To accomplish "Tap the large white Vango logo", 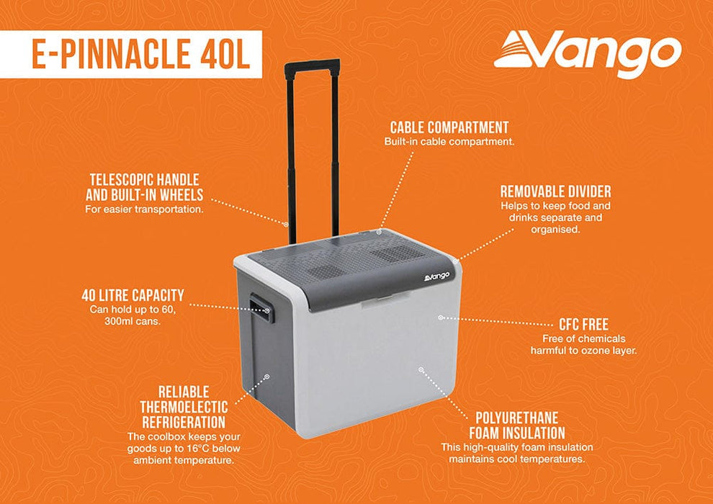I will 588,54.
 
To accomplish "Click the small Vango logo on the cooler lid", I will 437,275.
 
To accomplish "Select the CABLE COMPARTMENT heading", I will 449,127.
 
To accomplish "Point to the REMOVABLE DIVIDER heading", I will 555,192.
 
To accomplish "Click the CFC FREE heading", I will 584,323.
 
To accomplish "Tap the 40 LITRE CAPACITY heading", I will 133,294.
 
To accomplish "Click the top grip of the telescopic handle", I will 312,66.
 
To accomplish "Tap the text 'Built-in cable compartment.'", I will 449,142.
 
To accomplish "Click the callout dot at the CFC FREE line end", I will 441,317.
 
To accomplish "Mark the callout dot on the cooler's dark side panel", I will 266,376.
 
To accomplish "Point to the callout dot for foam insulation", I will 421,368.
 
